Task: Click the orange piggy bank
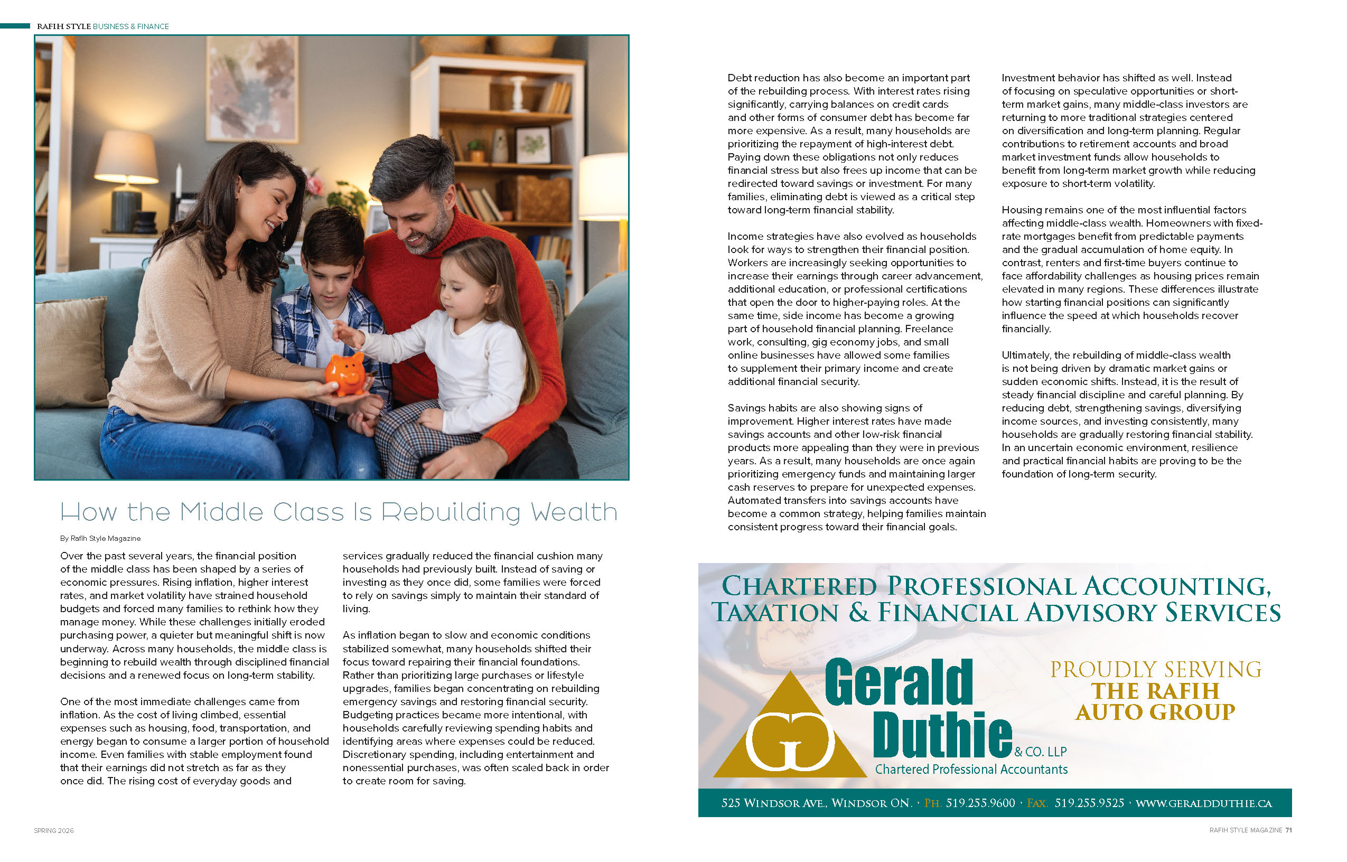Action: (345, 374)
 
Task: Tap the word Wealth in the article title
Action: (574, 512)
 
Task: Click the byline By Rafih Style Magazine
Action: (100, 538)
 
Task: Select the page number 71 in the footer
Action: (1288, 830)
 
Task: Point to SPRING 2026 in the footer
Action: (54, 831)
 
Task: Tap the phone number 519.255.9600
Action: (980, 803)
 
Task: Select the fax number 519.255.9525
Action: (1089, 803)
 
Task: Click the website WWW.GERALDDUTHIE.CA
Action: (1203, 804)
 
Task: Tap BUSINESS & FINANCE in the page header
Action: (131, 26)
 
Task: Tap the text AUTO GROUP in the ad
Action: (1155, 713)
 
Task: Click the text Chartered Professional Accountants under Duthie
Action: (971, 770)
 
